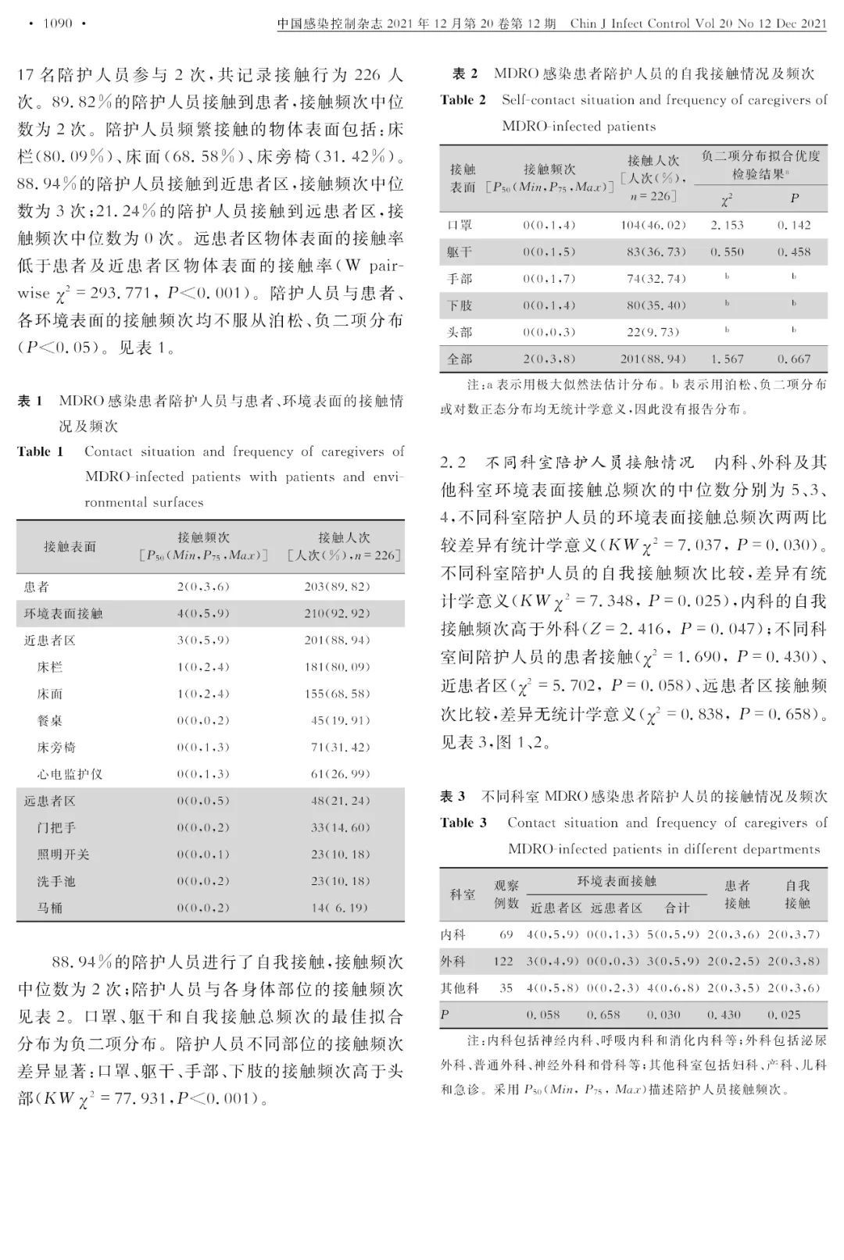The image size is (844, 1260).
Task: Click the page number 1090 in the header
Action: click(x=57, y=23)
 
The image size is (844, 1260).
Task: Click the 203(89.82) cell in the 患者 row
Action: click(x=337, y=587)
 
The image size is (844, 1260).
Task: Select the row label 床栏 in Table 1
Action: click(x=50, y=667)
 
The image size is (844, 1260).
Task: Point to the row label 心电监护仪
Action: click(x=70, y=774)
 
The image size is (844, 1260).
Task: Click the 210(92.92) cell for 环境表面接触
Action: click(x=337, y=613)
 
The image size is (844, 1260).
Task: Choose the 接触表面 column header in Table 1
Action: click(x=70, y=547)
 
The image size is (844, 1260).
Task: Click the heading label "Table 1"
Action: click(x=40, y=452)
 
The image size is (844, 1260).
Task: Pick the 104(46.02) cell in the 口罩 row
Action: click(x=653, y=225)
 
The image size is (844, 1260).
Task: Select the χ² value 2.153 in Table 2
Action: click(x=727, y=225)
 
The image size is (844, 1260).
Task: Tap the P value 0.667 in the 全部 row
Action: click(x=793, y=359)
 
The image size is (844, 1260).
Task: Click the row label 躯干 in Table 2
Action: click(x=460, y=252)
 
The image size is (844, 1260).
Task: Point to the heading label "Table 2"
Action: click(x=463, y=100)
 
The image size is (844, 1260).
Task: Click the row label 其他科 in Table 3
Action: click(x=460, y=988)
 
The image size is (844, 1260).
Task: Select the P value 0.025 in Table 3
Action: click(x=796, y=1015)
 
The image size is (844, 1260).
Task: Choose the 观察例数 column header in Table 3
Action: click(x=506, y=894)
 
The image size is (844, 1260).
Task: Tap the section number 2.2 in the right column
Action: click(x=454, y=462)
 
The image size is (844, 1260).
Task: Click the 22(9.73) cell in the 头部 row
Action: click(x=653, y=332)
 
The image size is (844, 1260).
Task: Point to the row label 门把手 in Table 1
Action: click(x=56, y=827)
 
